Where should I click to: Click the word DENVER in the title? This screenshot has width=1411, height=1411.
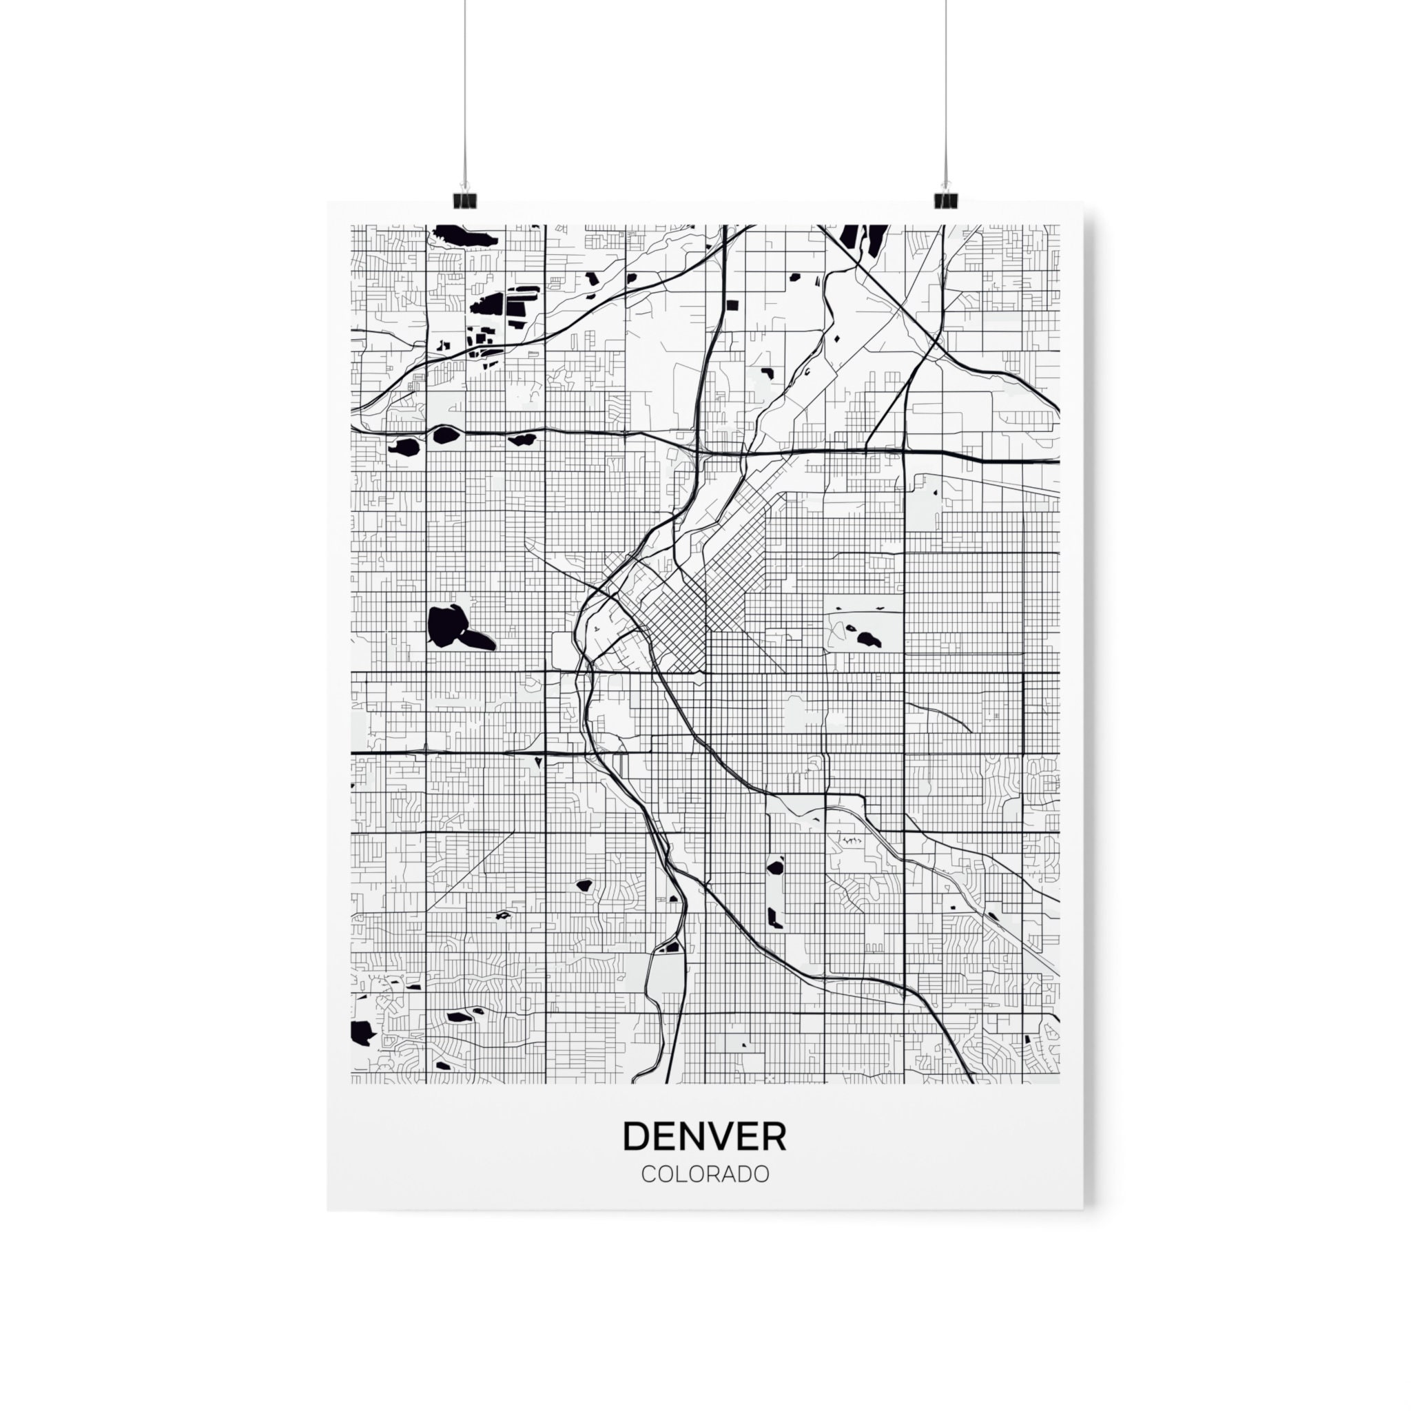(705, 1135)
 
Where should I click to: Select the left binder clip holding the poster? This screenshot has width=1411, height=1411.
(464, 198)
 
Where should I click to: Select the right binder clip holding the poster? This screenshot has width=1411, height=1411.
(945, 198)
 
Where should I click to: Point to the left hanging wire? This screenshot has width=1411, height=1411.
(464, 87)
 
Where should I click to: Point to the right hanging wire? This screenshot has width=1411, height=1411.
(946, 87)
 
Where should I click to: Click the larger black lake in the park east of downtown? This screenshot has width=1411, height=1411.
(868, 640)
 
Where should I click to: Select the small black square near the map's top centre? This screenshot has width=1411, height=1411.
(732, 305)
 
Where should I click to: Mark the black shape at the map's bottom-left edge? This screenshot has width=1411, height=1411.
(361, 1032)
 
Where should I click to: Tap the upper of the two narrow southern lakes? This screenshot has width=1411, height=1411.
(775, 867)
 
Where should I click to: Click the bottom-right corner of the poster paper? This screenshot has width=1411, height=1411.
(1082, 1208)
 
